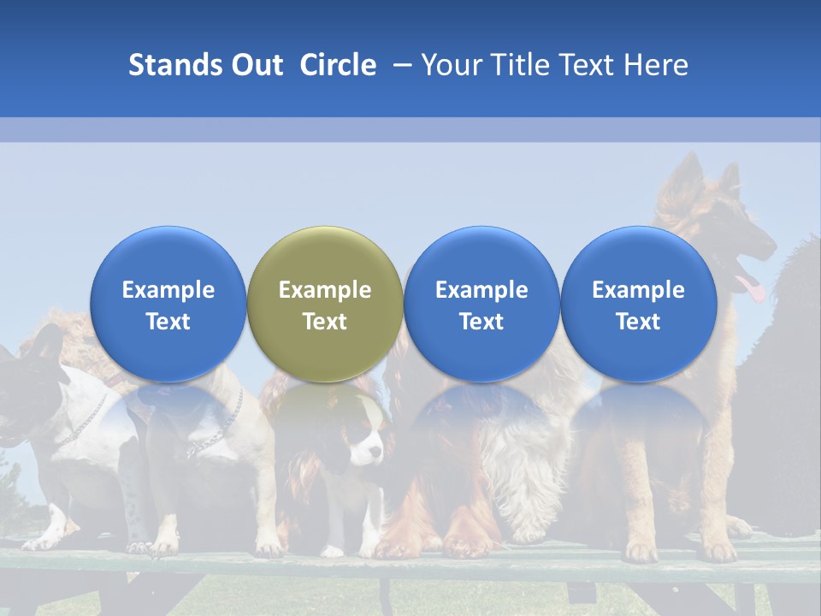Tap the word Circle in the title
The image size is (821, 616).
(x=338, y=65)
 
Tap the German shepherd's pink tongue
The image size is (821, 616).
(x=752, y=288)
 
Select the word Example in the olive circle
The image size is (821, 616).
(x=325, y=290)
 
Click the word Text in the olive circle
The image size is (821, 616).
(x=325, y=322)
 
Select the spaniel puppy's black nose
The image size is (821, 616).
(x=378, y=459)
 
